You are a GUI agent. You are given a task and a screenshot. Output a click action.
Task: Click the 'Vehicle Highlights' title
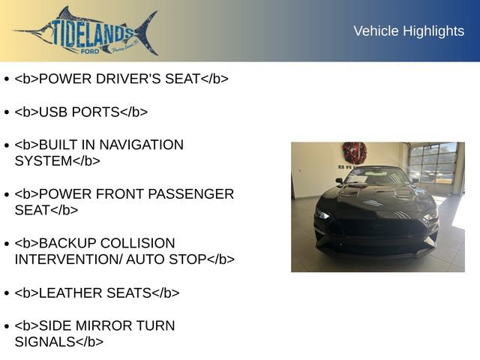click(x=409, y=31)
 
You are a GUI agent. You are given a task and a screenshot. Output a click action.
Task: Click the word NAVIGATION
click(x=142, y=145)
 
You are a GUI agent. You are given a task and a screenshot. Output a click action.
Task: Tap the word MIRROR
click(x=99, y=326)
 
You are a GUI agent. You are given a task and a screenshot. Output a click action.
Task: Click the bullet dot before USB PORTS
click(x=7, y=112)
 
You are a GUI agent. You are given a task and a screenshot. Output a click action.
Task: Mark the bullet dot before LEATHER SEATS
click(x=7, y=294)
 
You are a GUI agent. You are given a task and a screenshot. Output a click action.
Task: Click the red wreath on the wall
click(x=354, y=153)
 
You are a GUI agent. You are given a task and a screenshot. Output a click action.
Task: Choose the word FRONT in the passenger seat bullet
click(x=116, y=194)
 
